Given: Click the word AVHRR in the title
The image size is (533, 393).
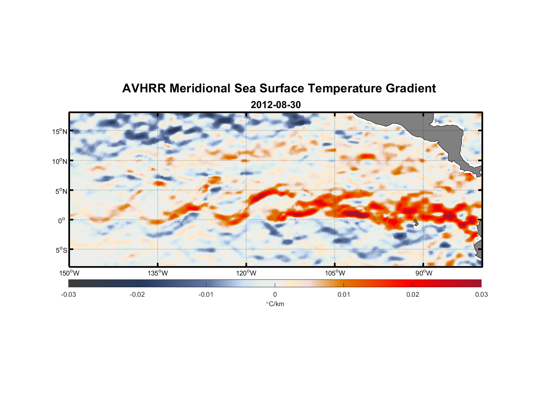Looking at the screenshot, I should (143, 88).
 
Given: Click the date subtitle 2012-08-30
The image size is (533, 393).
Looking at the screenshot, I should (276, 105).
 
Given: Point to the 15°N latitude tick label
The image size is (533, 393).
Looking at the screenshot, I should (59, 131).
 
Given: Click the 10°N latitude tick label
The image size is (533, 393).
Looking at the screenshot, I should (59, 161).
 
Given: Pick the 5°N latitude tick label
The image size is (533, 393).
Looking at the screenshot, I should (61, 191).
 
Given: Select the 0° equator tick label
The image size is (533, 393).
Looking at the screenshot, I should (61, 221).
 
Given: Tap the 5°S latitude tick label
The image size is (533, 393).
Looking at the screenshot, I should (61, 250).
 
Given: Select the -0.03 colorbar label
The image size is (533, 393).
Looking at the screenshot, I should (68, 295).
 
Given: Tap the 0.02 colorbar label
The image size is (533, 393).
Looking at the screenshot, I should (413, 295).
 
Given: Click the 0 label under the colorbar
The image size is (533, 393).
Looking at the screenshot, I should (275, 295).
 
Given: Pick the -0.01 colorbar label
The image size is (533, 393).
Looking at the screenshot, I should (206, 295).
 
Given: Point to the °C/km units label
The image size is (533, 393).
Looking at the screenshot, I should (275, 304).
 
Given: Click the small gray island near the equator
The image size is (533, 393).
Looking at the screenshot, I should (416, 223).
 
